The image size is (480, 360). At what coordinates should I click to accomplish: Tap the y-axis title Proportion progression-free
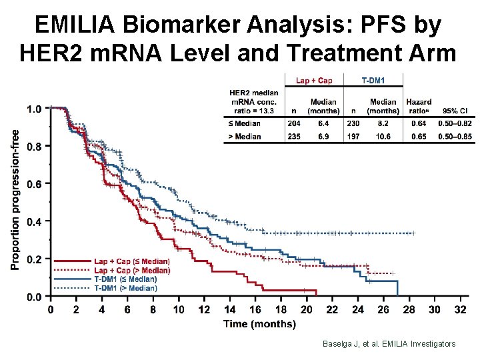[15, 199]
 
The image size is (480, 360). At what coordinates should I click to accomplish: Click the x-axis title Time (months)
[259, 324]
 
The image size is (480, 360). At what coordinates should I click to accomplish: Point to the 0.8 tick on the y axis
[33, 146]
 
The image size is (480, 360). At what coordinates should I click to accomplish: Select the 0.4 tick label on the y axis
[33, 221]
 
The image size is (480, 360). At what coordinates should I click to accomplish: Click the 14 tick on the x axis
[229, 309]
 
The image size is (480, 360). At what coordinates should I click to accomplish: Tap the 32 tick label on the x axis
[459, 309]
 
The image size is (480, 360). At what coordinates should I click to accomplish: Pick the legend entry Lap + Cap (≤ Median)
[131, 261]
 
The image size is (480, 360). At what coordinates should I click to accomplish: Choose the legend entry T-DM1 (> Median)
[125, 288]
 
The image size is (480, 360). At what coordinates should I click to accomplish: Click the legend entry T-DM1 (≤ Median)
[125, 279]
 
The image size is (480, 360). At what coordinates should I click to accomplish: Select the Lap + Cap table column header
[314, 81]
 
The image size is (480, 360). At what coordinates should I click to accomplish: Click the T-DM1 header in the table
[373, 81]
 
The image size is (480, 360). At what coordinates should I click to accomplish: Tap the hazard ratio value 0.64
[418, 123]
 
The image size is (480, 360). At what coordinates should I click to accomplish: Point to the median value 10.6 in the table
[383, 137]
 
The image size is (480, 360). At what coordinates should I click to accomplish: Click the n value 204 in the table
[293, 123]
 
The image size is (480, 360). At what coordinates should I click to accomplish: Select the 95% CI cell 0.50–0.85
[455, 137]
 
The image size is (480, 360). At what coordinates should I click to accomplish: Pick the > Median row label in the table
[245, 137]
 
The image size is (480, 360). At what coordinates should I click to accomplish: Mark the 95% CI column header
[455, 111]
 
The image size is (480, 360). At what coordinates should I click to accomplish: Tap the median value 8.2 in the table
[383, 123]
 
